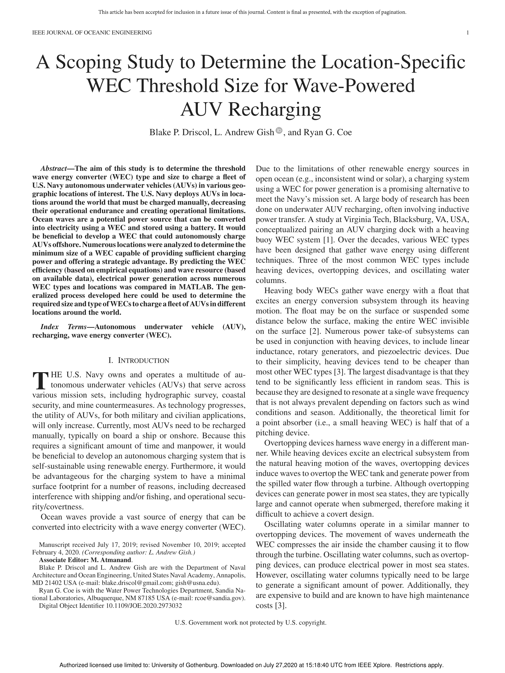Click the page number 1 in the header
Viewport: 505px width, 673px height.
pyautogui.click(x=467, y=33)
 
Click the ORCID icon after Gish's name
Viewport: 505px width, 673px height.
pyautogui.click(x=279, y=131)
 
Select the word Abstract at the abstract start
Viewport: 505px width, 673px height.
pyautogui.click(x=54, y=169)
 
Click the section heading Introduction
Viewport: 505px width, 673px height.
pyautogui.click(x=143, y=361)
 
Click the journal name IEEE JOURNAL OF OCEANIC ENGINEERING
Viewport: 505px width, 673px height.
pyautogui.click(x=92, y=33)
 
